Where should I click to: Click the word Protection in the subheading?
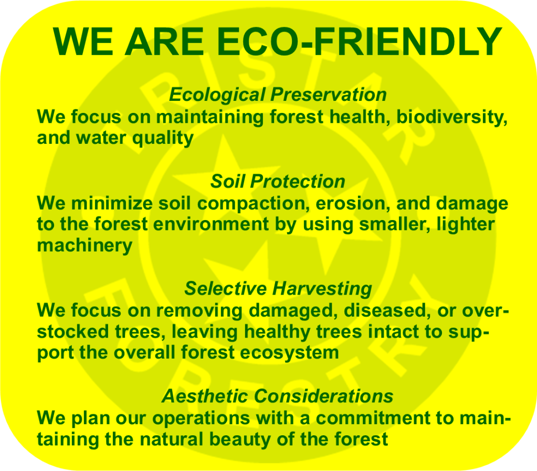(298, 181)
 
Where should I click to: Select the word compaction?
(251, 204)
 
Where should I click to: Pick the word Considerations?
(323, 396)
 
